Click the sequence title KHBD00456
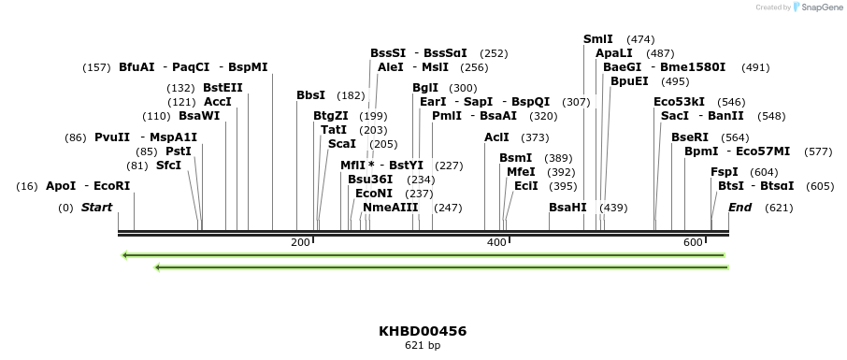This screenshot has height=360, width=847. coord(423,331)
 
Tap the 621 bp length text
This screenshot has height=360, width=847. coord(423,345)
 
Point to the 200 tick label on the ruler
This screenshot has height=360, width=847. coord(300,242)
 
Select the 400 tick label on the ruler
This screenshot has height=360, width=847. coord(495,242)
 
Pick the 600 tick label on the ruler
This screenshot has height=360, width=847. coord(693,242)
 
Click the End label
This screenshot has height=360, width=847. coord(739,207)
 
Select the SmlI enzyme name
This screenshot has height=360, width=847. coord(598,39)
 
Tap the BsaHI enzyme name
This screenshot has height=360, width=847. coord(567,207)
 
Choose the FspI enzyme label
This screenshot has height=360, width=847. coord(725,172)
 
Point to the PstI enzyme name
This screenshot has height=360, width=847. coord(179,151)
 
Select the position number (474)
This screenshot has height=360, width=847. coord(640,39)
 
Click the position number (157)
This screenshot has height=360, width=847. coord(97,67)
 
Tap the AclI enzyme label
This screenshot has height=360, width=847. coord(496,137)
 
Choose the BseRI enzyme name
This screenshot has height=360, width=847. coord(690,137)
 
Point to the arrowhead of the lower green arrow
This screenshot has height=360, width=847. coord(158,267)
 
